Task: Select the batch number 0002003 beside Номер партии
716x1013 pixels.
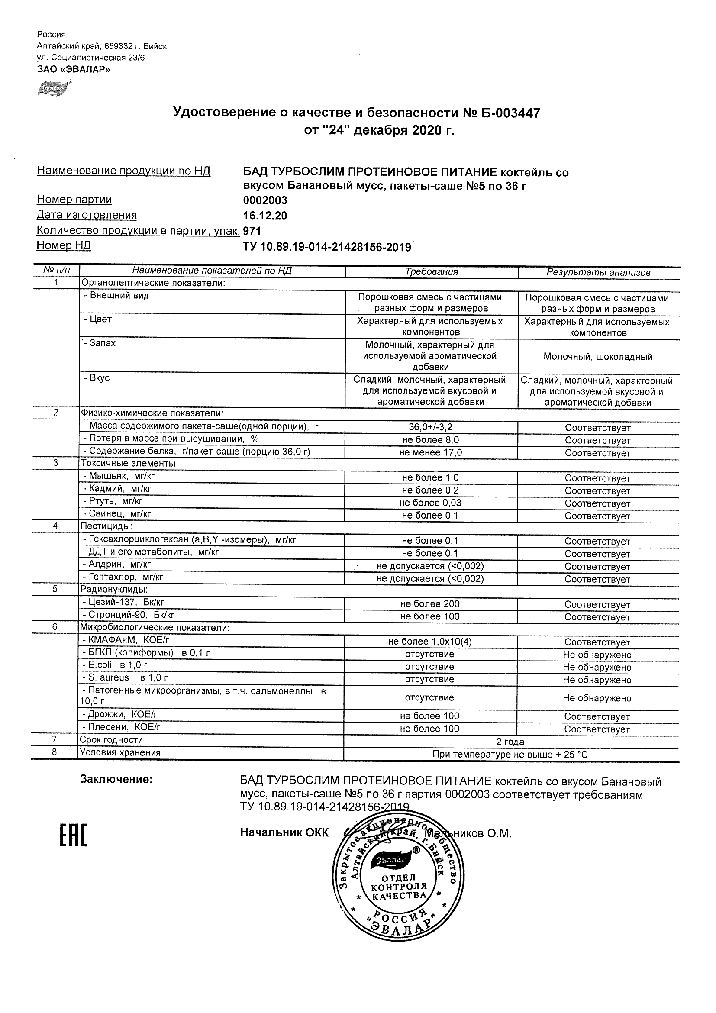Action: click(265, 201)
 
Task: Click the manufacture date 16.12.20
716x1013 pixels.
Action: click(265, 216)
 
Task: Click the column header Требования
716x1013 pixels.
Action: click(432, 272)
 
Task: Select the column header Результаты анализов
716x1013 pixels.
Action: click(598, 273)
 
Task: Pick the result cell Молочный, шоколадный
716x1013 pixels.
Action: click(598, 356)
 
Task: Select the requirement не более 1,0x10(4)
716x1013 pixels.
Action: click(430, 642)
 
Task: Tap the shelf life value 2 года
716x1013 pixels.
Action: click(510, 742)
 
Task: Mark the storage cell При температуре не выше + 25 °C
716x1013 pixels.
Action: click(510, 755)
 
